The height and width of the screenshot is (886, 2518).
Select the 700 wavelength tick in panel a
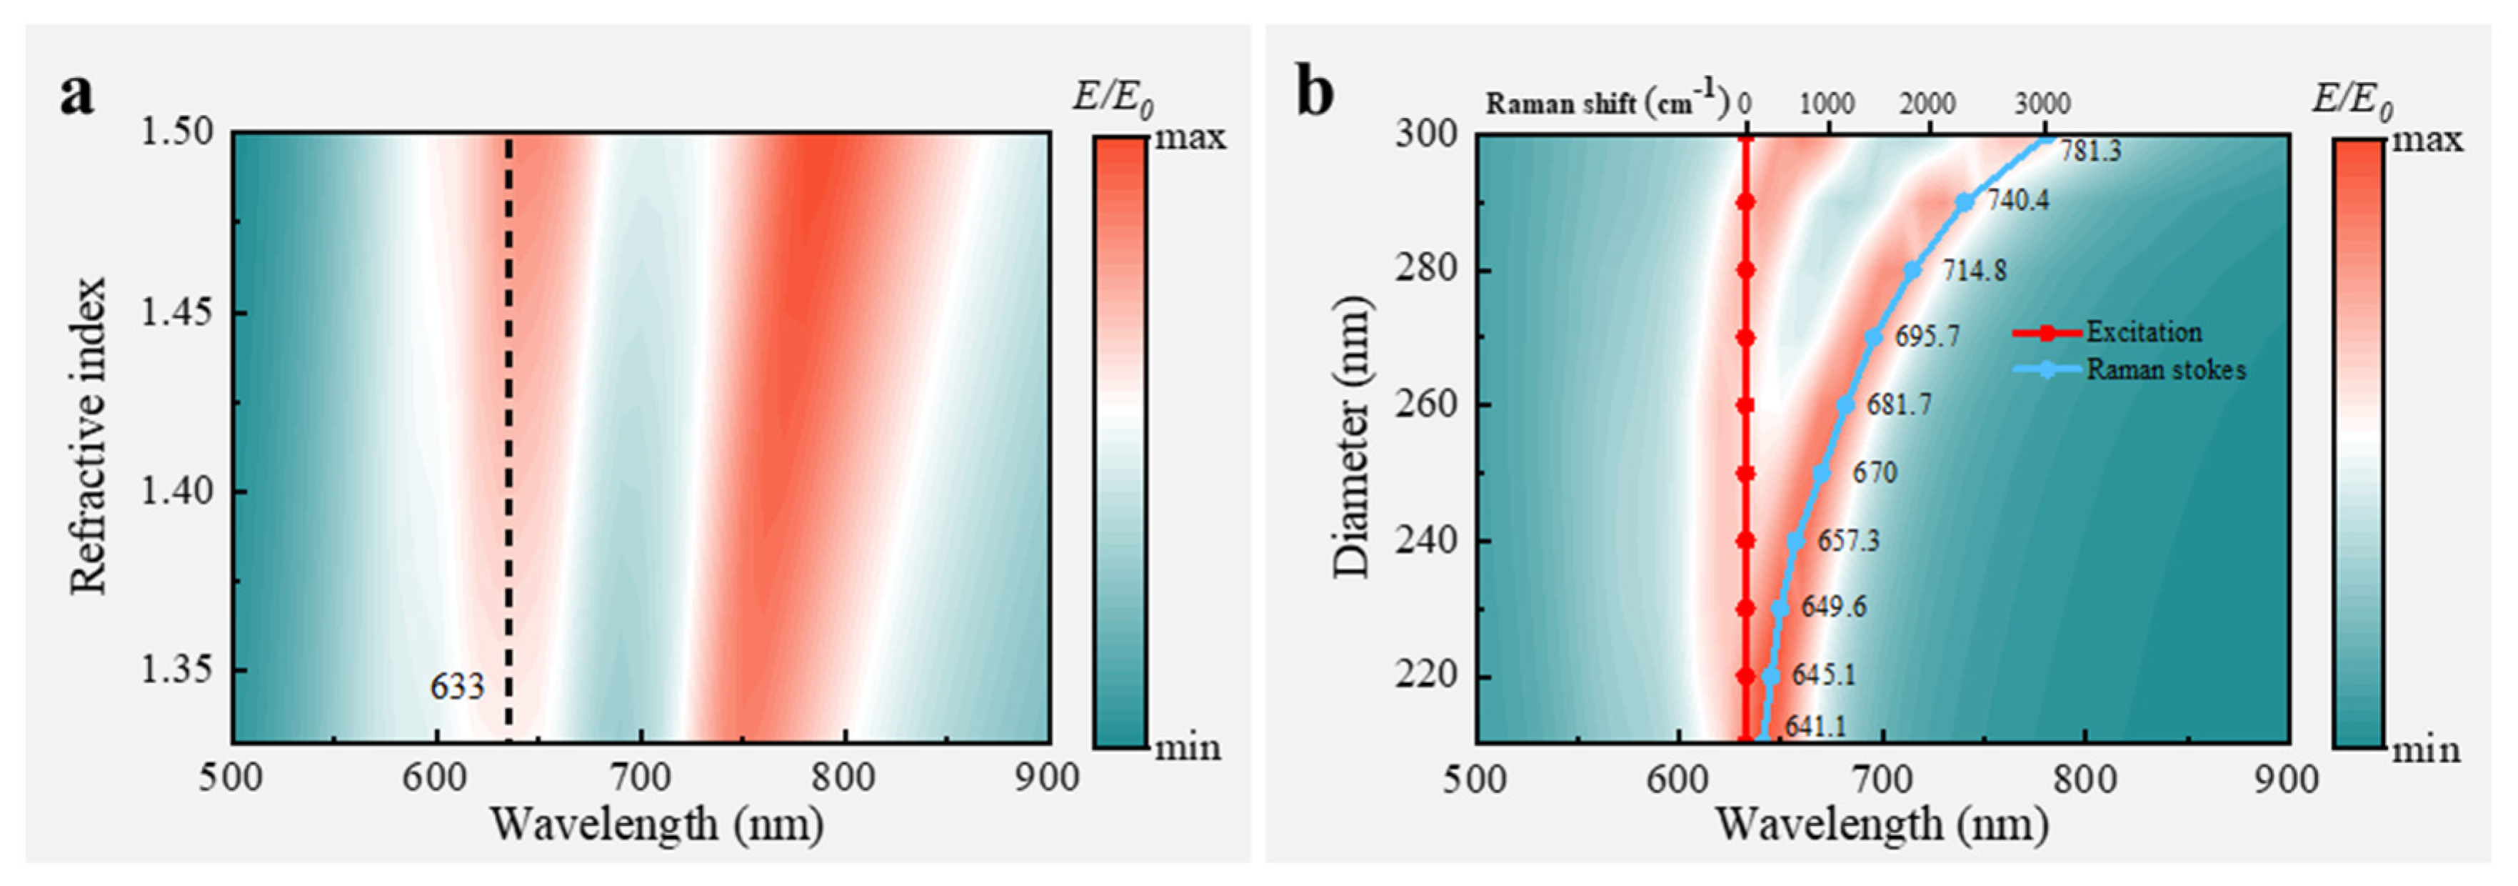pyautogui.click(x=641, y=778)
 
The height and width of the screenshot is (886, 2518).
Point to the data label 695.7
pyautogui.click(x=1927, y=337)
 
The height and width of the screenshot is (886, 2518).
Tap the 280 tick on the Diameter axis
pyautogui.click(x=1423, y=270)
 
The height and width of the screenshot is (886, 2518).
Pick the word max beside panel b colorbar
pyautogui.click(x=2427, y=140)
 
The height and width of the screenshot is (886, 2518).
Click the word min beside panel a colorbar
pyautogui.click(x=1188, y=748)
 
